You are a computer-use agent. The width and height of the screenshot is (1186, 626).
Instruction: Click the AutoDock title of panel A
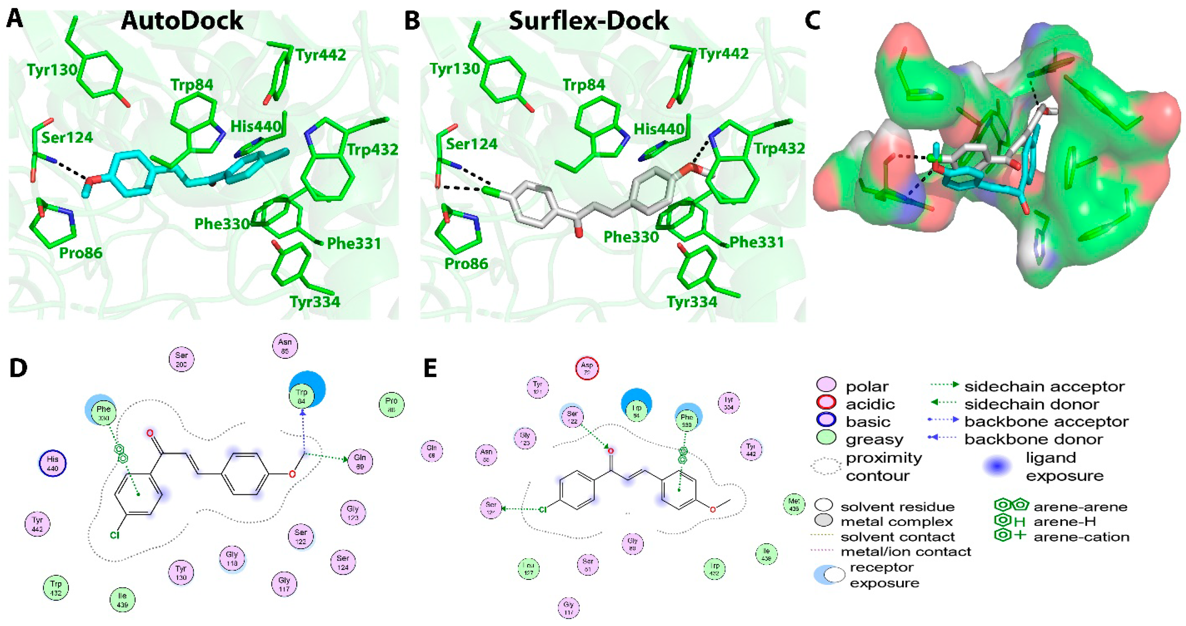tap(182, 21)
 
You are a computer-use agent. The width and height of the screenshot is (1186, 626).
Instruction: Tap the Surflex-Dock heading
tap(588, 21)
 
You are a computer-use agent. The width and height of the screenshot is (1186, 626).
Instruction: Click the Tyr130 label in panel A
tap(52, 70)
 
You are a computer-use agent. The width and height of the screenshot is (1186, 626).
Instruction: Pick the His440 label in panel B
tap(659, 129)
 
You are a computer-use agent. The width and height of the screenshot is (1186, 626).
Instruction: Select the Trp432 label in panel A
tap(372, 149)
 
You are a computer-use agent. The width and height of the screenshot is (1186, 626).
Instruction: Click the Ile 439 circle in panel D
tap(122, 600)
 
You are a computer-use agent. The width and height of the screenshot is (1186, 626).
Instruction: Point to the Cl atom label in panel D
tap(115, 535)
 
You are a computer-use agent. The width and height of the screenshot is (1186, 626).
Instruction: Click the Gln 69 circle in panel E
tap(432, 451)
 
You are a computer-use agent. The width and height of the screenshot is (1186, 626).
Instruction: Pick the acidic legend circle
tap(826, 403)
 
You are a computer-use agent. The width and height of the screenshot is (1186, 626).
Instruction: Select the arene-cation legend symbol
tap(1010, 536)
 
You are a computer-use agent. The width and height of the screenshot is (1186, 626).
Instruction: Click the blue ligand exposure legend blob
tap(997, 466)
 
